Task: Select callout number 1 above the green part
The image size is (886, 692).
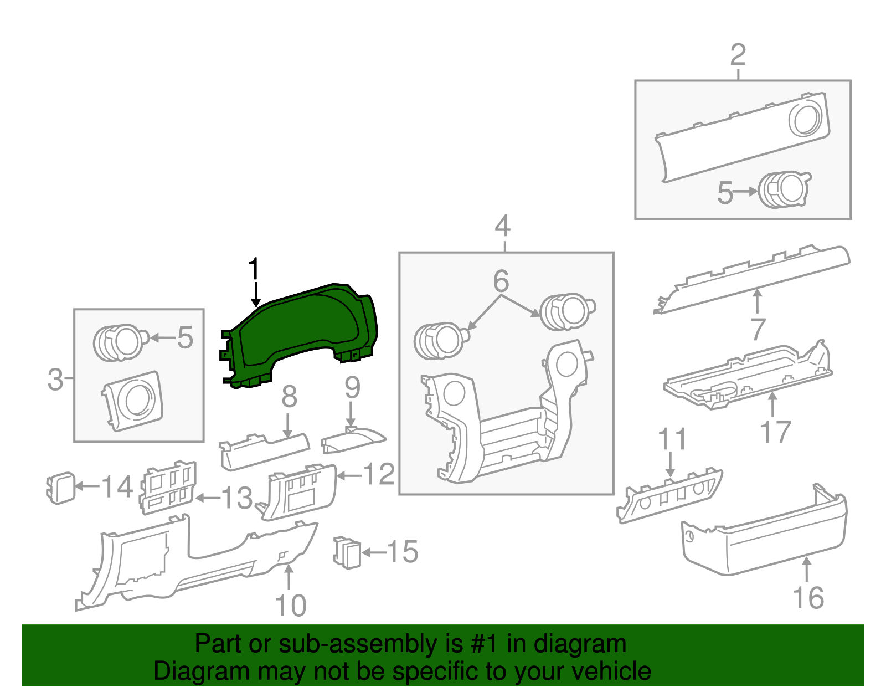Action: click(x=254, y=270)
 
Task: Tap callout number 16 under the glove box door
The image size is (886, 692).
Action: click(x=808, y=598)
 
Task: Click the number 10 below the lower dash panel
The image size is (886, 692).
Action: click(x=290, y=606)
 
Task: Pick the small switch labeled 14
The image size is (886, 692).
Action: click(x=60, y=488)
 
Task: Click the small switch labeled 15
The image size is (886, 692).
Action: click(x=347, y=552)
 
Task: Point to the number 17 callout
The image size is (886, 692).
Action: click(x=775, y=432)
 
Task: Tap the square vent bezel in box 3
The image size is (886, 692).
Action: click(x=133, y=401)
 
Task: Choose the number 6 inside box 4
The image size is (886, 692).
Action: click(x=501, y=281)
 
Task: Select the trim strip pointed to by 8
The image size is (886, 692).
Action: click(x=265, y=449)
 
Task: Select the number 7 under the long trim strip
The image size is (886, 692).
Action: click(x=758, y=330)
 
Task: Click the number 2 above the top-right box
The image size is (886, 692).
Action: click(x=738, y=55)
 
